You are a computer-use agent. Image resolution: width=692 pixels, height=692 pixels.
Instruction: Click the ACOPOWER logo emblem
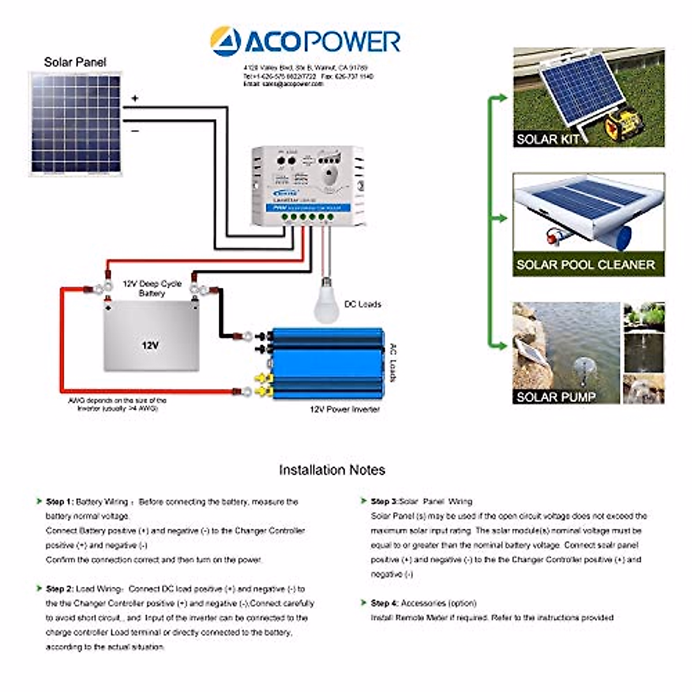pos(225,41)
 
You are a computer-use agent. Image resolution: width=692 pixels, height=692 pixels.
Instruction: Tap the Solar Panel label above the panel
pos(75,62)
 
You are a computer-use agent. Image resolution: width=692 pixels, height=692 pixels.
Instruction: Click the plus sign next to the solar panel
pos(135,99)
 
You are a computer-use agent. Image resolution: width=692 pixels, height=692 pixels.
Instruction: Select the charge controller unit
pos(309,186)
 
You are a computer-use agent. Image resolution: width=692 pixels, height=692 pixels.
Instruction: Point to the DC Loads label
pos(362,304)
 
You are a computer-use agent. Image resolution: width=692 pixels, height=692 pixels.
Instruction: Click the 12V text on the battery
pos(150,345)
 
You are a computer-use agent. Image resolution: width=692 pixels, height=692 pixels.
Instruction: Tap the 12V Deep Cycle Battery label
pos(152,288)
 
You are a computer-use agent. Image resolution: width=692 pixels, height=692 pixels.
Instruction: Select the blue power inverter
pos(326,364)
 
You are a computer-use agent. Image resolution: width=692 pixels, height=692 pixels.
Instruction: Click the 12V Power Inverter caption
pos(345,409)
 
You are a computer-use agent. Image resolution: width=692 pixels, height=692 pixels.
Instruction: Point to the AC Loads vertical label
pos(393,363)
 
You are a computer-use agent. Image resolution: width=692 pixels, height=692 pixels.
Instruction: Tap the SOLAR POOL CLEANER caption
pos(585,265)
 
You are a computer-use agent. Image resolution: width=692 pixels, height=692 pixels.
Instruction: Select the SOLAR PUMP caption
pos(555,397)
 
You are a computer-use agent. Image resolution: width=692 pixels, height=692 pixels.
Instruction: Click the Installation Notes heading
pos(332,470)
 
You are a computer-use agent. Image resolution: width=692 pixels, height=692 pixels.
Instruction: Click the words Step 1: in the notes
pos(59,502)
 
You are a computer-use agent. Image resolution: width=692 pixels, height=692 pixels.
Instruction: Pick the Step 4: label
pos(384,603)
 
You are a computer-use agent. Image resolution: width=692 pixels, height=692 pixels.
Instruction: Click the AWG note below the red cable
pos(117,404)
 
